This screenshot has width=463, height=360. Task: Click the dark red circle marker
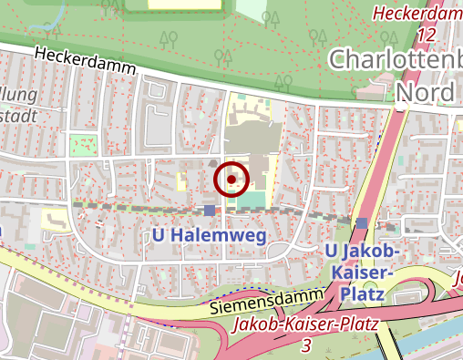[231, 180]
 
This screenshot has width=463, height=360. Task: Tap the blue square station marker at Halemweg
[211, 211]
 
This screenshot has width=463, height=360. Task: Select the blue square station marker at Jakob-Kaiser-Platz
[363, 223]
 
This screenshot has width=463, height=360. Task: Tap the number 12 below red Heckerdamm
[424, 34]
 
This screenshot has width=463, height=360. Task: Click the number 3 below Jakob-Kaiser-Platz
[305, 345]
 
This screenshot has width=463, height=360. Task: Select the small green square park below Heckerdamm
[84, 145]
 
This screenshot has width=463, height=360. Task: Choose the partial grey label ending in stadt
[17, 115]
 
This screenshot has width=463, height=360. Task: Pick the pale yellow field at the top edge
[186, 5]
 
